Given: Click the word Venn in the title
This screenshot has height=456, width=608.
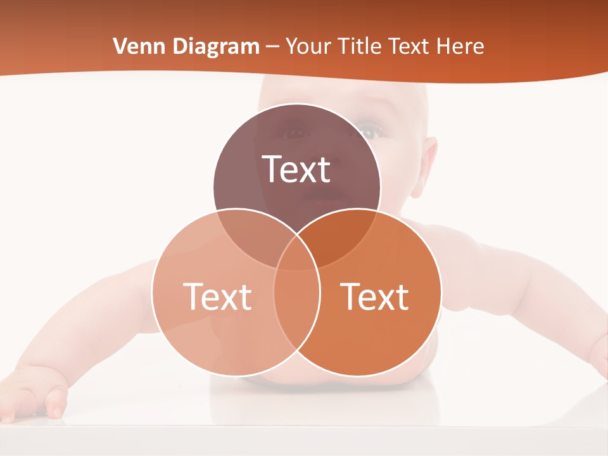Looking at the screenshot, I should coord(136,46).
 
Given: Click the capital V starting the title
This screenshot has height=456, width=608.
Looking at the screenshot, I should coord(119,46).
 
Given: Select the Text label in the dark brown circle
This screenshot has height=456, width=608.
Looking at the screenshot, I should coord(296,169).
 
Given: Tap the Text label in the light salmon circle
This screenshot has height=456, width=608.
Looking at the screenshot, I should coord(217,296).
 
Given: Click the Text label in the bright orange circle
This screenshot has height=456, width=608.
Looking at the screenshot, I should coord(375,296).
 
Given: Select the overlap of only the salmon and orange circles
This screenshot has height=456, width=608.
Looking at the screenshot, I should coord(296,317).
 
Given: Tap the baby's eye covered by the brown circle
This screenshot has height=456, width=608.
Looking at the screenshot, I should coord(295,133).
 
